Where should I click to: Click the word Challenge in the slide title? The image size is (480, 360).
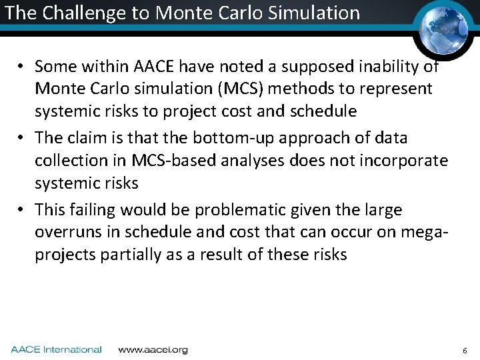(74, 13)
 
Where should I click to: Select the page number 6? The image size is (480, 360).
(465, 350)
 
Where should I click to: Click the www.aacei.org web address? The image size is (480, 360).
(153, 349)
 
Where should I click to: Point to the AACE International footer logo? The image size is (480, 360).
(56, 349)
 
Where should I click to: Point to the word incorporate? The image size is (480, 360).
(404, 161)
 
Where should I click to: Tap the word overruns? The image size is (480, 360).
(66, 233)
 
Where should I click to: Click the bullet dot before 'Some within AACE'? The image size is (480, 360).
(22, 67)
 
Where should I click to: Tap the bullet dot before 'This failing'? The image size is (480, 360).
(22, 211)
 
